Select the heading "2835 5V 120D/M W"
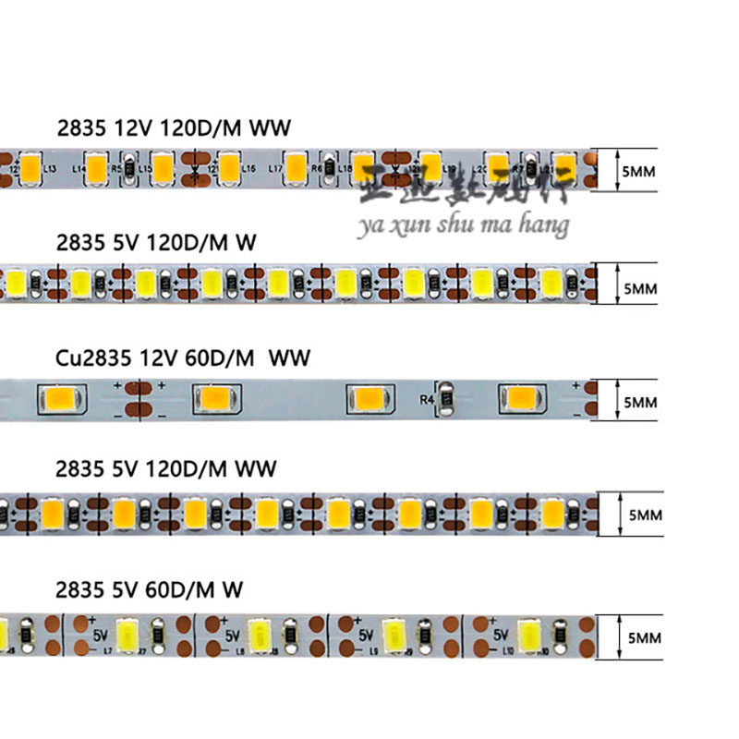[x=155, y=242]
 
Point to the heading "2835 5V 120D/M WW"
[x=165, y=469]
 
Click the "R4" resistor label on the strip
[x=427, y=400]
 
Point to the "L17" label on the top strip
[x=274, y=170]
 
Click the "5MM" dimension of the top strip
[x=640, y=170]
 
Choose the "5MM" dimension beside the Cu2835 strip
[x=640, y=402]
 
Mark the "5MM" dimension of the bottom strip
[x=640, y=637]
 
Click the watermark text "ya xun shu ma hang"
[x=463, y=224]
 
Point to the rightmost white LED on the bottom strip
[x=532, y=635]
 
